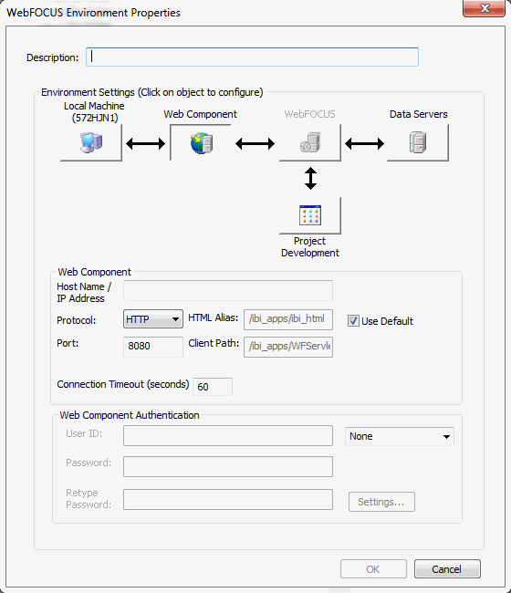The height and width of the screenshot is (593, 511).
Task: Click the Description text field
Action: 252,57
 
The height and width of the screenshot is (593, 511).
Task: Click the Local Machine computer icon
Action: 91,142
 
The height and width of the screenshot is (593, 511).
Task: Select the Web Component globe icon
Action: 202,143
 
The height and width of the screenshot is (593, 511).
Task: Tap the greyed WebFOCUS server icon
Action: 310,142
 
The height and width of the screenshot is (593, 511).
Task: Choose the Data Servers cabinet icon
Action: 418,142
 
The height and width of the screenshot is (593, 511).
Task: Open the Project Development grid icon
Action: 310,215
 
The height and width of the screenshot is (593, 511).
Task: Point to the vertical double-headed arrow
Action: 310,178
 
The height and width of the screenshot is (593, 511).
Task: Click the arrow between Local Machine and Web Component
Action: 146,144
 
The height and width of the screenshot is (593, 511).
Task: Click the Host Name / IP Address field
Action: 228,290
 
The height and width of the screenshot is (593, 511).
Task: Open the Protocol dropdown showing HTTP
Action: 153,318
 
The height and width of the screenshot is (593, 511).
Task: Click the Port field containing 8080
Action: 153,347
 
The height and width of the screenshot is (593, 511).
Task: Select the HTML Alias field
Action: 288,319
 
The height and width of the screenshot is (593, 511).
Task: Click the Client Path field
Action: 288,347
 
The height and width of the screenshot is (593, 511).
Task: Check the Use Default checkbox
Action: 353,321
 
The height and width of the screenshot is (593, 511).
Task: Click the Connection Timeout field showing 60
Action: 213,387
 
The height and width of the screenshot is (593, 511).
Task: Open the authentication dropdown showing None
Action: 400,436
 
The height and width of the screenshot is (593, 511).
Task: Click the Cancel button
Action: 447,568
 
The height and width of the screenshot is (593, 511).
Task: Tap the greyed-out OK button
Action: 373,568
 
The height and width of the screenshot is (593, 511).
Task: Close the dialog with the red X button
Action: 485,8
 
